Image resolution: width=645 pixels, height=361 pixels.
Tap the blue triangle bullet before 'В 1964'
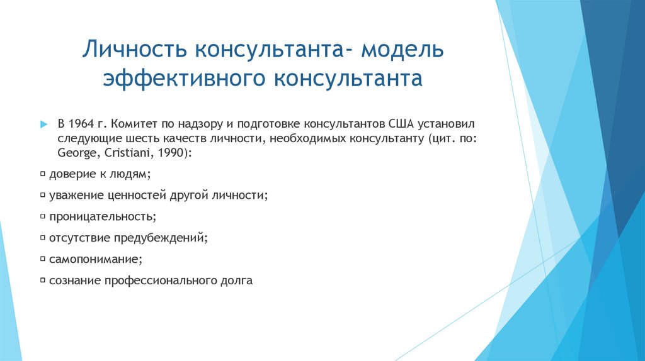point(43,123)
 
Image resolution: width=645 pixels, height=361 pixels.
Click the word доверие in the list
point(72,174)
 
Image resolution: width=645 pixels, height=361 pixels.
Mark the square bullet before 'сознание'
point(42,280)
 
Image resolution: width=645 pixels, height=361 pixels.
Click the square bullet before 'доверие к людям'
point(42,174)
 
